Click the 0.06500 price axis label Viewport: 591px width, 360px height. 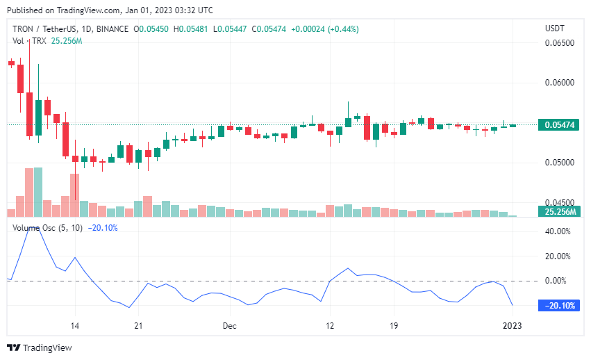pyautogui.click(x=560, y=43)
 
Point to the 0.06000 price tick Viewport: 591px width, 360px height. pyautogui.click(x=560, y=82)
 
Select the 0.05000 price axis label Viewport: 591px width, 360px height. pyautogui.click(x=560, y=163)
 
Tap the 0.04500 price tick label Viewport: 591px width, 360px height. pyautogui.click(x=560, y=202)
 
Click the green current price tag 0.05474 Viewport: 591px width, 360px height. pyautogui.click(x=558, y=125)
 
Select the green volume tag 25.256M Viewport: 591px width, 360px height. pyautogui.click(x=558, y=211)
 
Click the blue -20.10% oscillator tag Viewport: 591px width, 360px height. pyautogui.click(x=558, y=306)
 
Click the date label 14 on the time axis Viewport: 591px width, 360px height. pyautogui.click(x=75, y=325)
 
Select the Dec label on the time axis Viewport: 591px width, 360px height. pyautogui.click(x=230, y=325)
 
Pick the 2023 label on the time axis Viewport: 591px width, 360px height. pyautogui.click(x=512, y=325)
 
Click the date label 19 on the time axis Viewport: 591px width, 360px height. pyautogui.click(x=394, y=325)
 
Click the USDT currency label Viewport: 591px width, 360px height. pyautogui.click(x=556, y=28)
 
